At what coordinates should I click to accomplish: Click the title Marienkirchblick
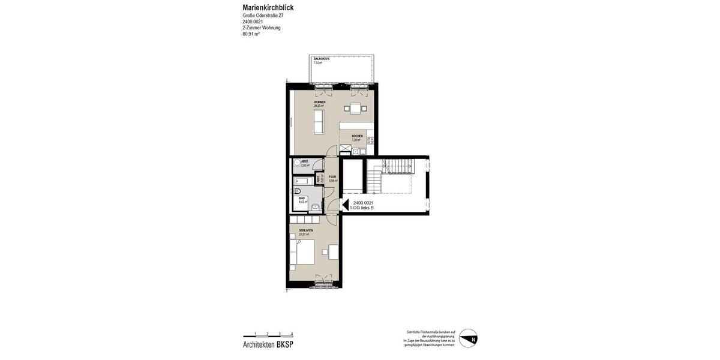point(268,7)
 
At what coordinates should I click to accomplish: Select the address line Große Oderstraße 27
point(263,16)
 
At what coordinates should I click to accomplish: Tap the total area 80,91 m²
point(251,34)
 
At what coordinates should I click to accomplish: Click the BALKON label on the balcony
point(321,59)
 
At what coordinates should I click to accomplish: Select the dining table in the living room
point(355,109)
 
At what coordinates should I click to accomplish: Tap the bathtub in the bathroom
point(301,181)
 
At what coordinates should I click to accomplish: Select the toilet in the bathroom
point(297,191)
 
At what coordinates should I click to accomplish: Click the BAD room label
point(302,199)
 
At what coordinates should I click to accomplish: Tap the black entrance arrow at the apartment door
point(345,205)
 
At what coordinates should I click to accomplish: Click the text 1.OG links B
point(362,208)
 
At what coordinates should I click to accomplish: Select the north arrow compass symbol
point(468,338)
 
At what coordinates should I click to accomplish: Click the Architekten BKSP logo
point(268,345)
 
